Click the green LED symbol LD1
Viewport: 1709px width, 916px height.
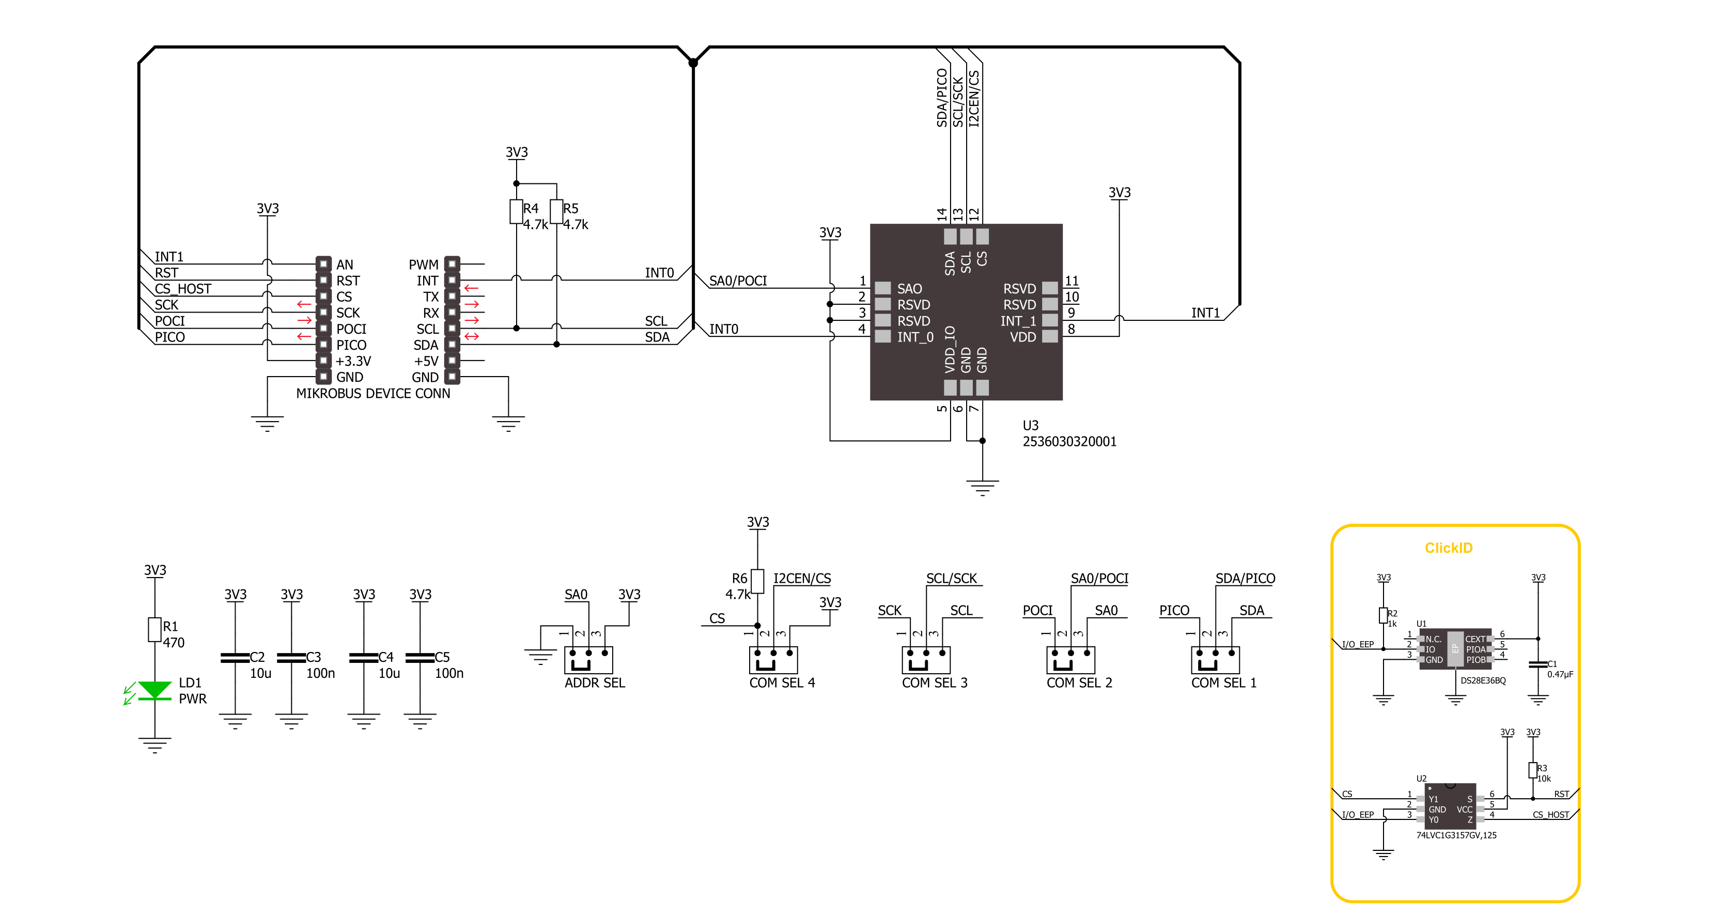coord(154,690)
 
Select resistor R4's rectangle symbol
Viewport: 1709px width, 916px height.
coord(516,212)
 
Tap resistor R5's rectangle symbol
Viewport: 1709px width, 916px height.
coord(556,212)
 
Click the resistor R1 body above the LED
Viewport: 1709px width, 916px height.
coord(154,629)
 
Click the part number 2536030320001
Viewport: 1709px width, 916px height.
coord(1069,442)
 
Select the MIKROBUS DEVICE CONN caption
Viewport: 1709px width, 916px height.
coord(373,393)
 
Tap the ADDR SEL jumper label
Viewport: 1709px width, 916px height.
coord(595,682)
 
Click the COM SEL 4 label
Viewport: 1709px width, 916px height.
coord(782,682)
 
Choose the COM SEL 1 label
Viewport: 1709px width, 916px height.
coord(1224,682)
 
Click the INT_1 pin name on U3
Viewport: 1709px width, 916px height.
coord(1018,321)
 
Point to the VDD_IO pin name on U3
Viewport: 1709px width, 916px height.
coord(950,349)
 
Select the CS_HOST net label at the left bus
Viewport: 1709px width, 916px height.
coord(182,288)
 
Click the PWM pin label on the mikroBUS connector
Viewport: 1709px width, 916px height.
coord(423,265)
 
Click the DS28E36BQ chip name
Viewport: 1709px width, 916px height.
coord(1483,680)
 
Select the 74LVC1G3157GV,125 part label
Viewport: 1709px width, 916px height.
coord(1456,835)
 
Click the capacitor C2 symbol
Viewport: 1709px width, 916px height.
coord(235,657)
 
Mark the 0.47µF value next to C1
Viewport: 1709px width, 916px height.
coord(1560,674)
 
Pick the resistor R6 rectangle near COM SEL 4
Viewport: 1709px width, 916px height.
coord(758,581)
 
